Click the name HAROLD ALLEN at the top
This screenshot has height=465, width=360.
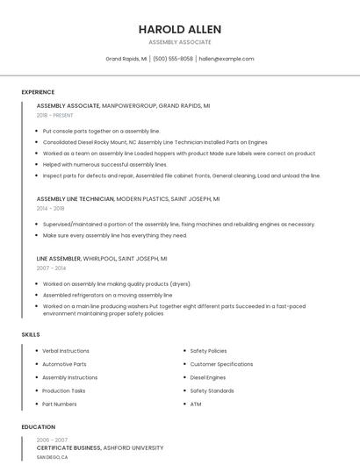[x=179, y=29]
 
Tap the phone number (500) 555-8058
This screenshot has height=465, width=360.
[x=173, y=59]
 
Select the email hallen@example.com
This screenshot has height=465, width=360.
[x=227, y=59]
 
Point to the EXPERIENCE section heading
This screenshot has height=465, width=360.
[x=38, y=92]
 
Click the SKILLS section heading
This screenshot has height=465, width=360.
[x=31, y=334]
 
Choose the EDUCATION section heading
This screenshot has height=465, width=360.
[x=38, y=427]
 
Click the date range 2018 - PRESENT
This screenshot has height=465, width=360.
[x=55, y=115]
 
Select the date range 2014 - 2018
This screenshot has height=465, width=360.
[x=51, y=209]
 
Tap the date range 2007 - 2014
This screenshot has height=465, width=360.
[x=51, y=268]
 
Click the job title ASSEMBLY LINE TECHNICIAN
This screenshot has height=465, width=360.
[x=76, y=199]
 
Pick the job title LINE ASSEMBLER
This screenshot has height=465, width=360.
[x=59, y=259]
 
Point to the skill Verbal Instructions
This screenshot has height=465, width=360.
[x=66, y=351]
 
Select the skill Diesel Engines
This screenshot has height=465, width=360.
[x=208, y=377]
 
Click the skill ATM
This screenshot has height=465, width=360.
[x=196, y=404]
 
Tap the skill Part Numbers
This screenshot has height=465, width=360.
[x=60, y=404]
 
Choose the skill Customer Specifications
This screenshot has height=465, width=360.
[x=221, y=364]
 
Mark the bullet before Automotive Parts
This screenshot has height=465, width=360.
[x=36, y=364]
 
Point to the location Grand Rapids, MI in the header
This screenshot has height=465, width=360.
[x=126, y=59]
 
